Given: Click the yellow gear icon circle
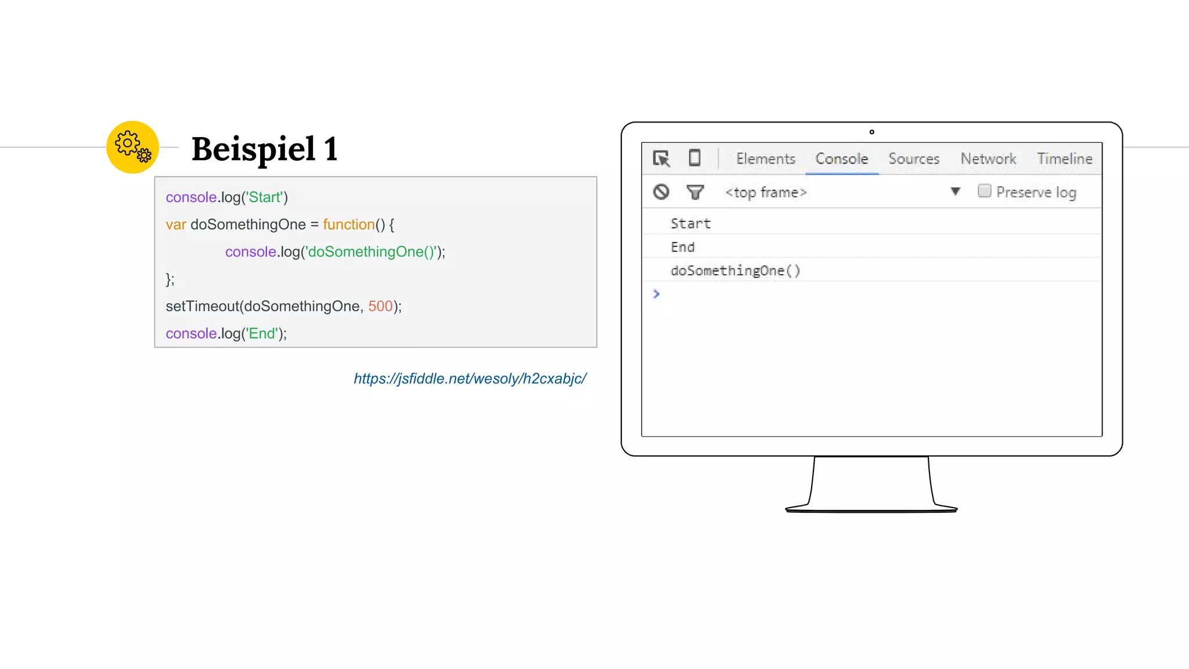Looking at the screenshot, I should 132,147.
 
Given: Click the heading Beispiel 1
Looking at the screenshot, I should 264,149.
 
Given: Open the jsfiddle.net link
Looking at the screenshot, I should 470,379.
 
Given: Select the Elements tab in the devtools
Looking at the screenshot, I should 765,159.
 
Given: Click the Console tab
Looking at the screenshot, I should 841,159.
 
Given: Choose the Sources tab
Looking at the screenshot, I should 913,159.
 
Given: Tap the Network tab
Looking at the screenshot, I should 988,159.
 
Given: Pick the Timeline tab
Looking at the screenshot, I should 1064,159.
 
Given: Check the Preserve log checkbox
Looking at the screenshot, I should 984,191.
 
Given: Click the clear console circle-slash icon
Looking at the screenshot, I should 661,192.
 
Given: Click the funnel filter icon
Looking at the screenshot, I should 695,192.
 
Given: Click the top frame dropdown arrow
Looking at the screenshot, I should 955,191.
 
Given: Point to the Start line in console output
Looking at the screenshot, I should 690,224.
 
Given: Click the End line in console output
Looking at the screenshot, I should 682,247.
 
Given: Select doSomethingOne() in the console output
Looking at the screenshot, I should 735,271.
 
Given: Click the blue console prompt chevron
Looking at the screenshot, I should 656,294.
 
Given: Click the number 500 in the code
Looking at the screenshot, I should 380,306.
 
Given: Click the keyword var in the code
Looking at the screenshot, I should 175,225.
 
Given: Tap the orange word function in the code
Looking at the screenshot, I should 348,225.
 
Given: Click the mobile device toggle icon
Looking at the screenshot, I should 694,158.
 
